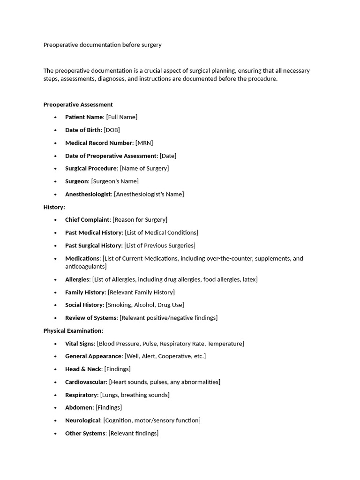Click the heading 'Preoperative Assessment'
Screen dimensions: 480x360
coord(78,105)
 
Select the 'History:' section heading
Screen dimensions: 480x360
coord(54,207)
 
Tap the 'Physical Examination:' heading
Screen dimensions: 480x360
coord(73,330)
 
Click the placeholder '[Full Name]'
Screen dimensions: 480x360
coord(121,117)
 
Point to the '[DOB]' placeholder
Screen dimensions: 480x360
coord(112,130)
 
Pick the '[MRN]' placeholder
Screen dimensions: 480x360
coord(144,143)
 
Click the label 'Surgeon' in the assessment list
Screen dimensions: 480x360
coord(76,181)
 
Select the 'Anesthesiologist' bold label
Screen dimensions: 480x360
coord(88,194)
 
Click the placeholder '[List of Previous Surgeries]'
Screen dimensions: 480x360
coord(160,245)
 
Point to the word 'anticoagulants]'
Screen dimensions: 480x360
coord(86,266)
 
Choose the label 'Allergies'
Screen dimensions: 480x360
coord(77,279)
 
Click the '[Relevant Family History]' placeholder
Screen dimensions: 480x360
coord(141,292)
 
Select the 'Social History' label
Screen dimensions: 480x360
coord(84,305)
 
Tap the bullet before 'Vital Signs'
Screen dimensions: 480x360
coord(55,344)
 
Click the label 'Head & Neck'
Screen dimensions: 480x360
coord(83,369)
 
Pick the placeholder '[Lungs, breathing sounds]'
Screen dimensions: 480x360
coord(135,395)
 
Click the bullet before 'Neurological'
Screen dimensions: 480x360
coord(55,420)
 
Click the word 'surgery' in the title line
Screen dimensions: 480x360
coord(150,45)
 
